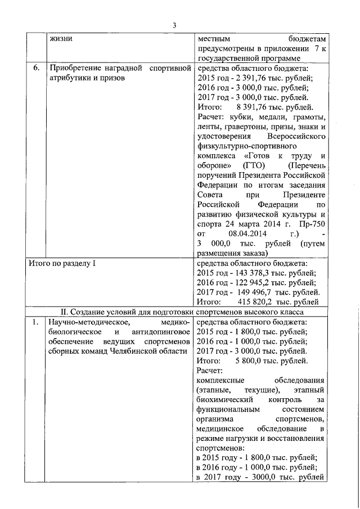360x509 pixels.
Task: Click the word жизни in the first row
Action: [60, 39]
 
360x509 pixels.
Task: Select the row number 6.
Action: [36, 68]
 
